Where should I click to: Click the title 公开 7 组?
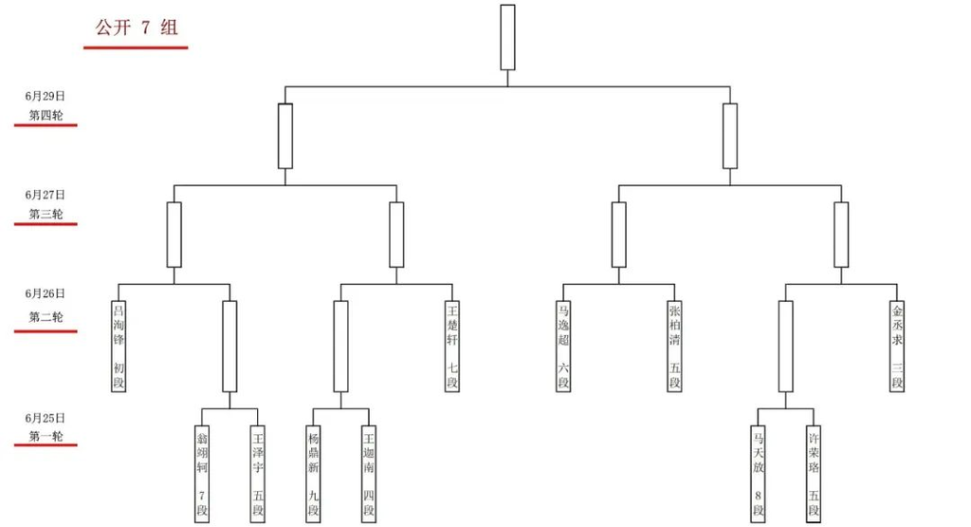137,28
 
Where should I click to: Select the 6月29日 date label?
46,96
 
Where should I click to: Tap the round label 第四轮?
46,115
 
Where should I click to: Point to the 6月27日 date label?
46,195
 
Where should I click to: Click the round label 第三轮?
46,214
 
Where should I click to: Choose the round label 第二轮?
46,317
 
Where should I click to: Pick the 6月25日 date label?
46,418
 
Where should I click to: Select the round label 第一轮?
46,436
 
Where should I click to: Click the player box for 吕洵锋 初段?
119,347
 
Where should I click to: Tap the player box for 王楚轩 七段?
452,347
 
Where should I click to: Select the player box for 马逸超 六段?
563,347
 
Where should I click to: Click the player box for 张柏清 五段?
675,347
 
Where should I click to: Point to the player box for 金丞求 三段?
897,347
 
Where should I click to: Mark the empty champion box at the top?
508,37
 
